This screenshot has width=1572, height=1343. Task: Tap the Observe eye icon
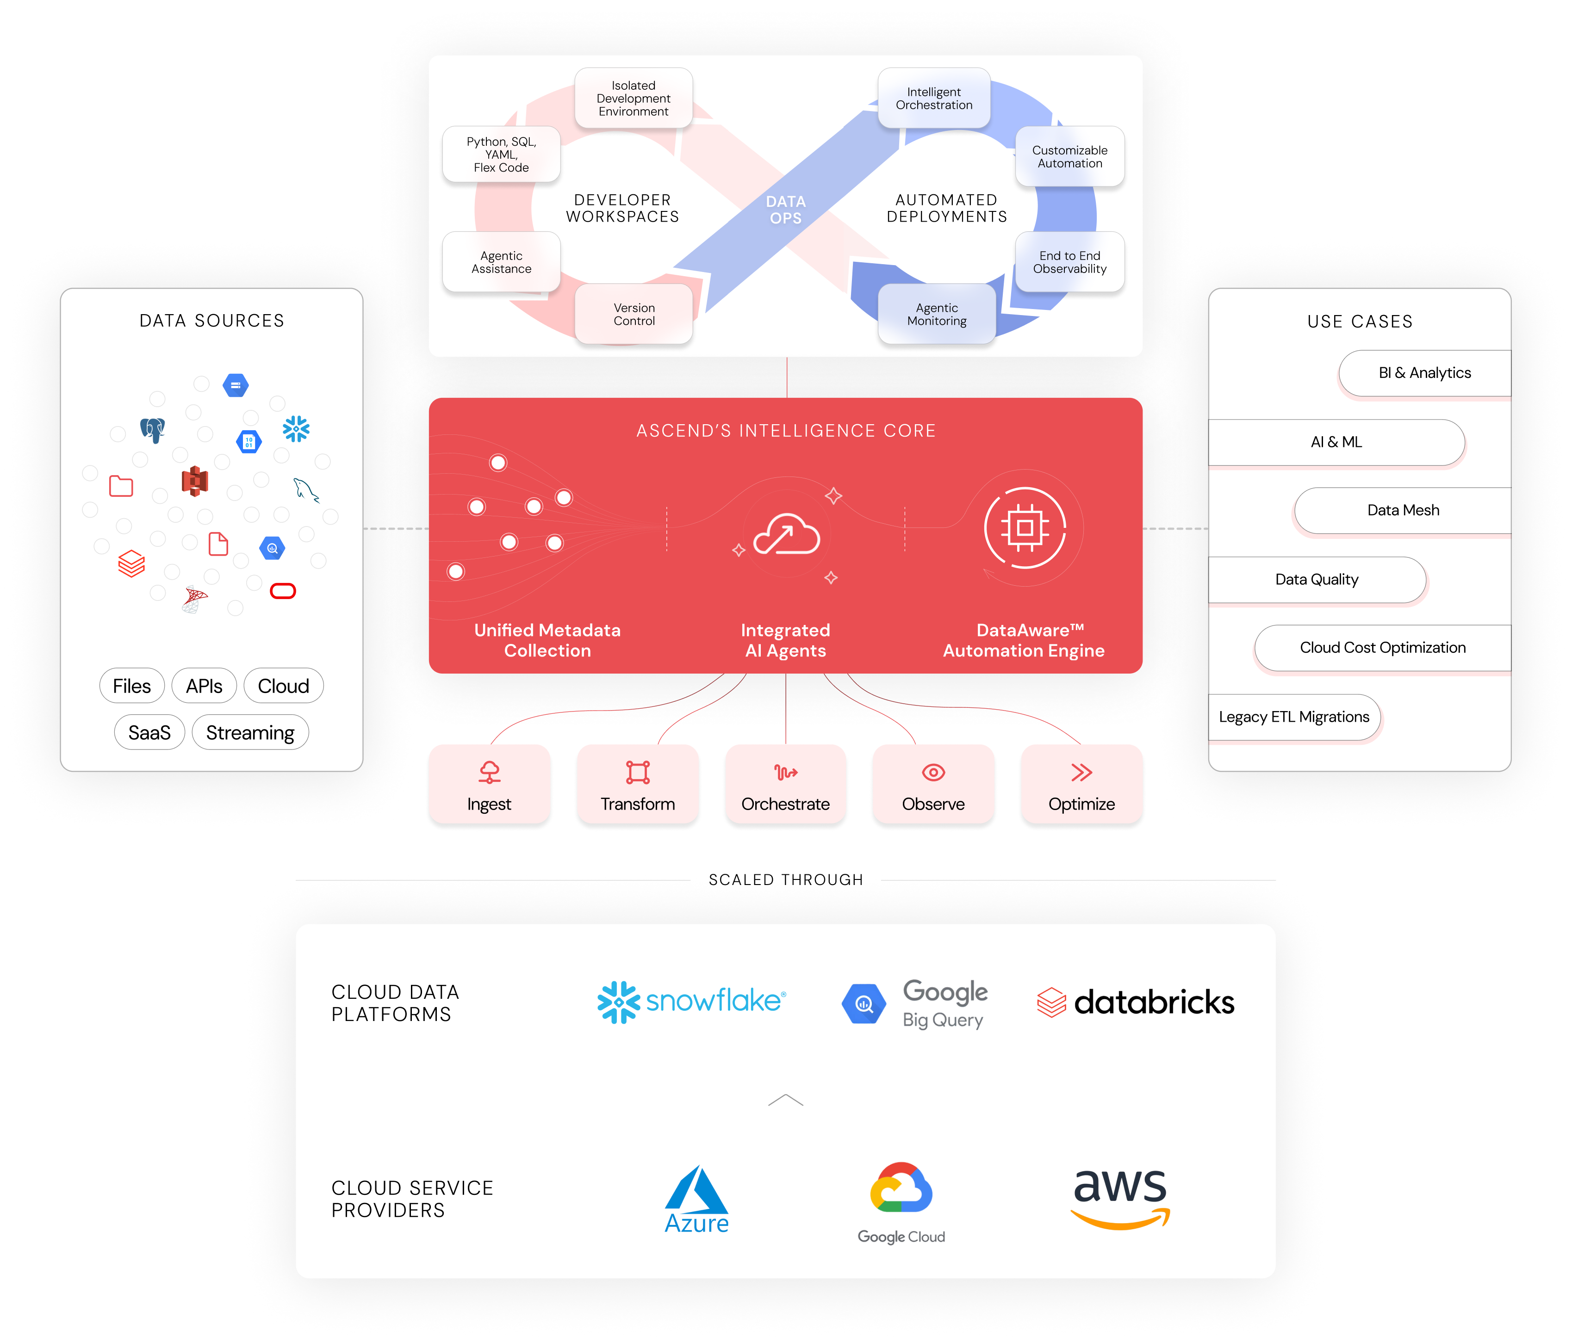pyautogui.click(x=933, y=772)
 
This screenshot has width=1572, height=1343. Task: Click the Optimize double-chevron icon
pyautogui.click(x=1081, y=772)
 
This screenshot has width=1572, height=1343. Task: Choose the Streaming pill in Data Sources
pyautogui.click(x=250, y=732)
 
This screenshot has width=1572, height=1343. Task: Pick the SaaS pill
pyautogui.click(x=149, y=732)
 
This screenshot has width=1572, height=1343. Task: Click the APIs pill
pyautogui.click(x=204, y=686)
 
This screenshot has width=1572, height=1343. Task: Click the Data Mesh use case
pyautogui.click(x=1403, y=510)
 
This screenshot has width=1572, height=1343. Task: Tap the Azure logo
pyautogui.click(x=696, y=1200)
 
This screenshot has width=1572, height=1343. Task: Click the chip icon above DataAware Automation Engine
pyautogui.click(x=1025, y=528)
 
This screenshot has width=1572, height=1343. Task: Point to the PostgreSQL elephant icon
pyautogui.click(x=153, y=430)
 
